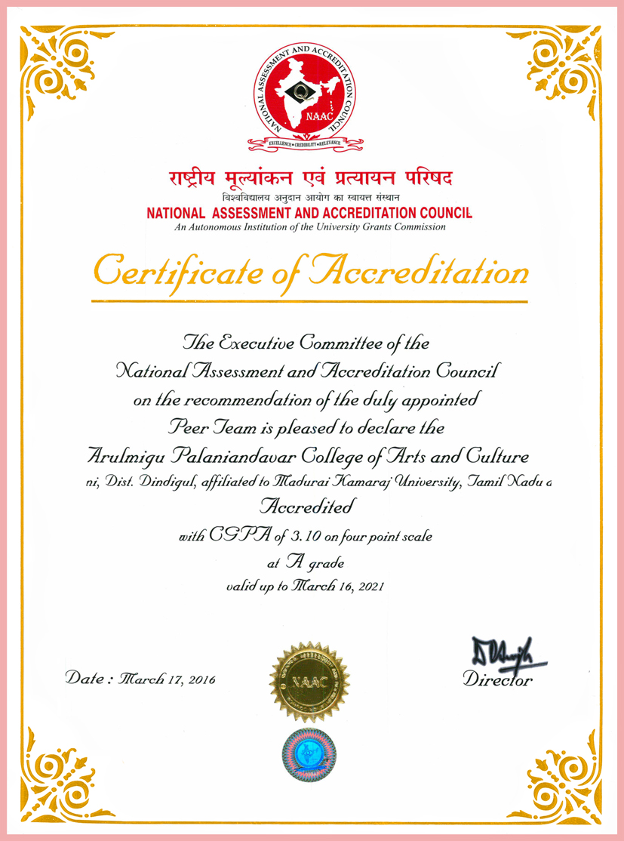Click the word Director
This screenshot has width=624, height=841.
click(497, 680)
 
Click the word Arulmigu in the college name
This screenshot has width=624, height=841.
click(120, 457)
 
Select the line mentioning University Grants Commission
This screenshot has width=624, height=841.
click(309, 226)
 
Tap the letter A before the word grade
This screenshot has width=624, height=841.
click(294, 562)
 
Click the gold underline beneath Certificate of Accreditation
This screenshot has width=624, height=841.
click(309, 301)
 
